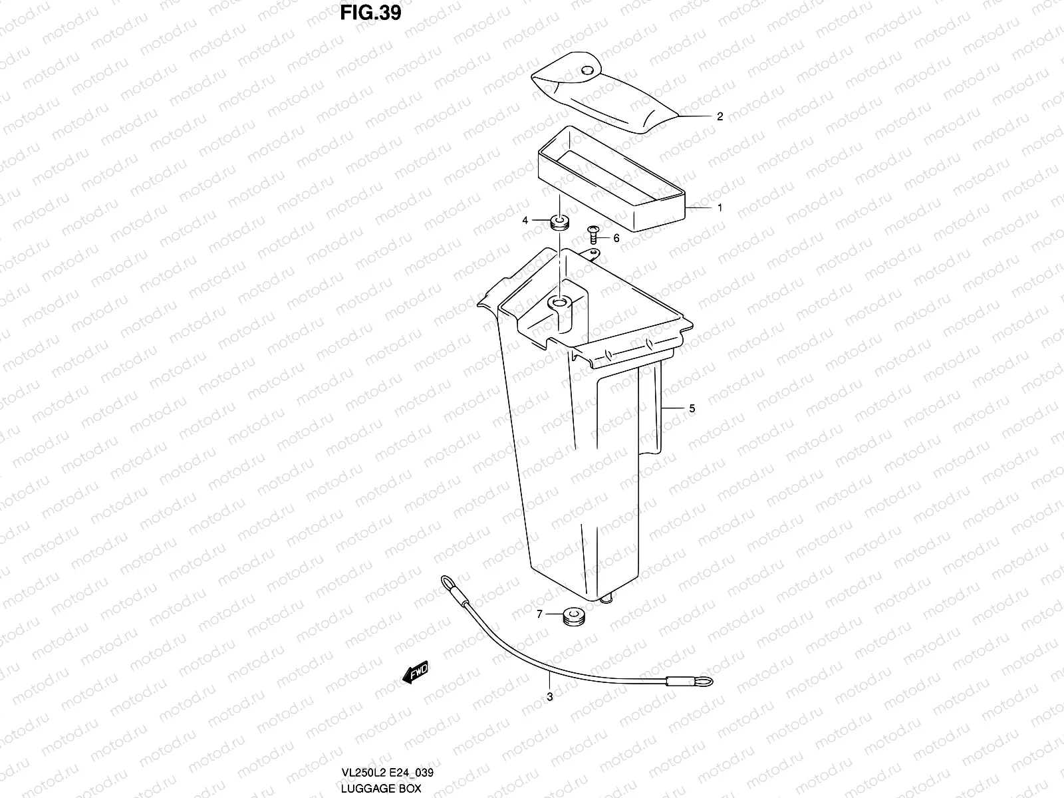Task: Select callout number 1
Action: click(x=720, y=207)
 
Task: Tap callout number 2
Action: click(x=720, y=116)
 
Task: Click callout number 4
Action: click(x=525, y=220)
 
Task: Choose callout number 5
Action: click(x=692, y=408)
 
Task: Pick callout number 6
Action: click(x=616, y=238)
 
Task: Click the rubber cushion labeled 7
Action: click(x=573, y=616)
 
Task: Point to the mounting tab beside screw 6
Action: click(x=591, y=253)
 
